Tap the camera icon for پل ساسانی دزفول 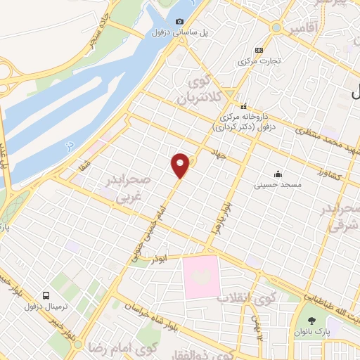[179, 22]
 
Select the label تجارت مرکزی [259, 60]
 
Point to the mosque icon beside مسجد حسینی [279, 174]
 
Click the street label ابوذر [162, 258]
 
